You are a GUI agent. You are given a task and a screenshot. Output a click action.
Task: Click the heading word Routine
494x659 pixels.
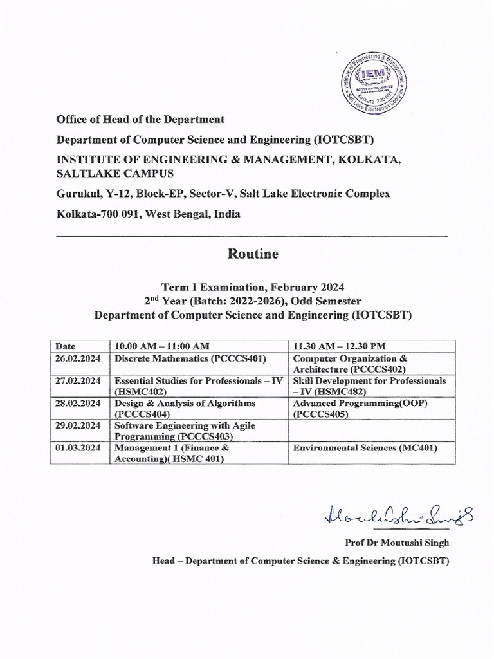(253, 254)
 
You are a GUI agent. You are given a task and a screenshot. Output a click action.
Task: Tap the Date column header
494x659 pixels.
(66, 346)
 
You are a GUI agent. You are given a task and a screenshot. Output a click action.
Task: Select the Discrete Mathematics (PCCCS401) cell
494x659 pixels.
(190, 358)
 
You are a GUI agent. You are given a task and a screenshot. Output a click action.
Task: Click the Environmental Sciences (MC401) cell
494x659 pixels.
(365, 448)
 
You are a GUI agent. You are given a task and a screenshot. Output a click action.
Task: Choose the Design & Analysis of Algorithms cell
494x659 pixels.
(185, 409)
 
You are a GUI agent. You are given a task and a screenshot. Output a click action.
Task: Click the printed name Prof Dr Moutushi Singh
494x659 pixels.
(397, 543)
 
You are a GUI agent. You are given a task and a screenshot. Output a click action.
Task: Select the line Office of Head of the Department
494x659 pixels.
(140, 120)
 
